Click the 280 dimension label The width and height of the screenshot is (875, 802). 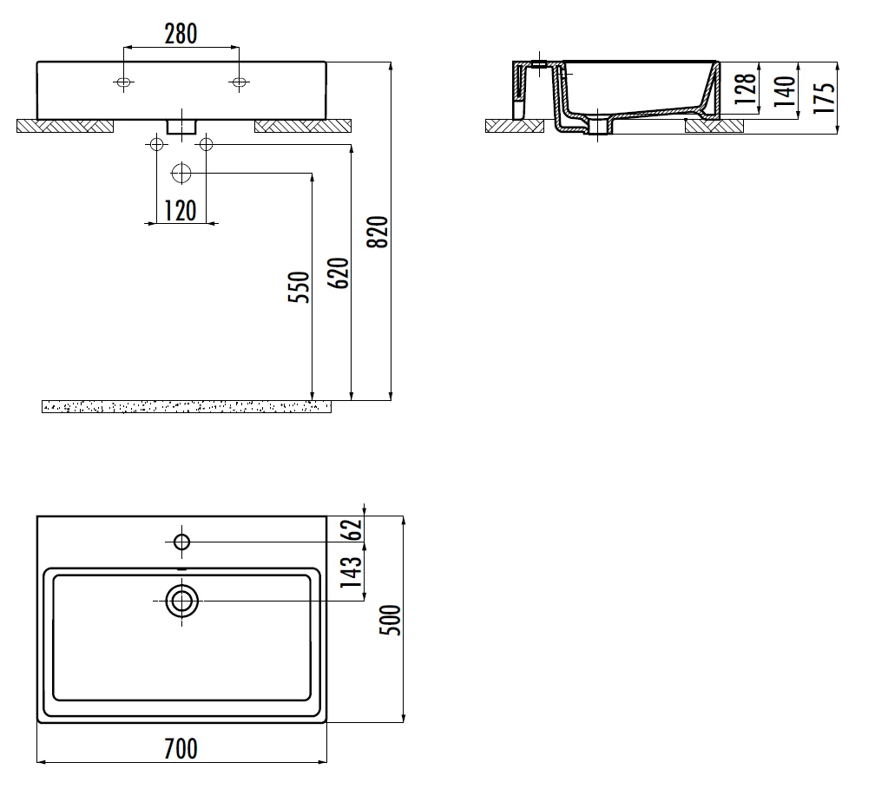tap(181, 34)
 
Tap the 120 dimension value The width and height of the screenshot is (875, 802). tap(181, 211)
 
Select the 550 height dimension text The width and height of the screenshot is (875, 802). tap(299, 287)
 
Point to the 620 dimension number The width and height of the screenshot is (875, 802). tap(339, 273)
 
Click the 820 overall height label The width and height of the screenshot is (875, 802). tap(378, 232)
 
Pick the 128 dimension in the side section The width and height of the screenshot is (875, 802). tap(746, 89)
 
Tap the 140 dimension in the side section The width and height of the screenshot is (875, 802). tap(785, 91)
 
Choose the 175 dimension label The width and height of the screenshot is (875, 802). tap(825, 98)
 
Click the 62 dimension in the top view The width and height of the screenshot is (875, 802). tap(353, 529)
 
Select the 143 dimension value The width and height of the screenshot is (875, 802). tap(352, 572)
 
